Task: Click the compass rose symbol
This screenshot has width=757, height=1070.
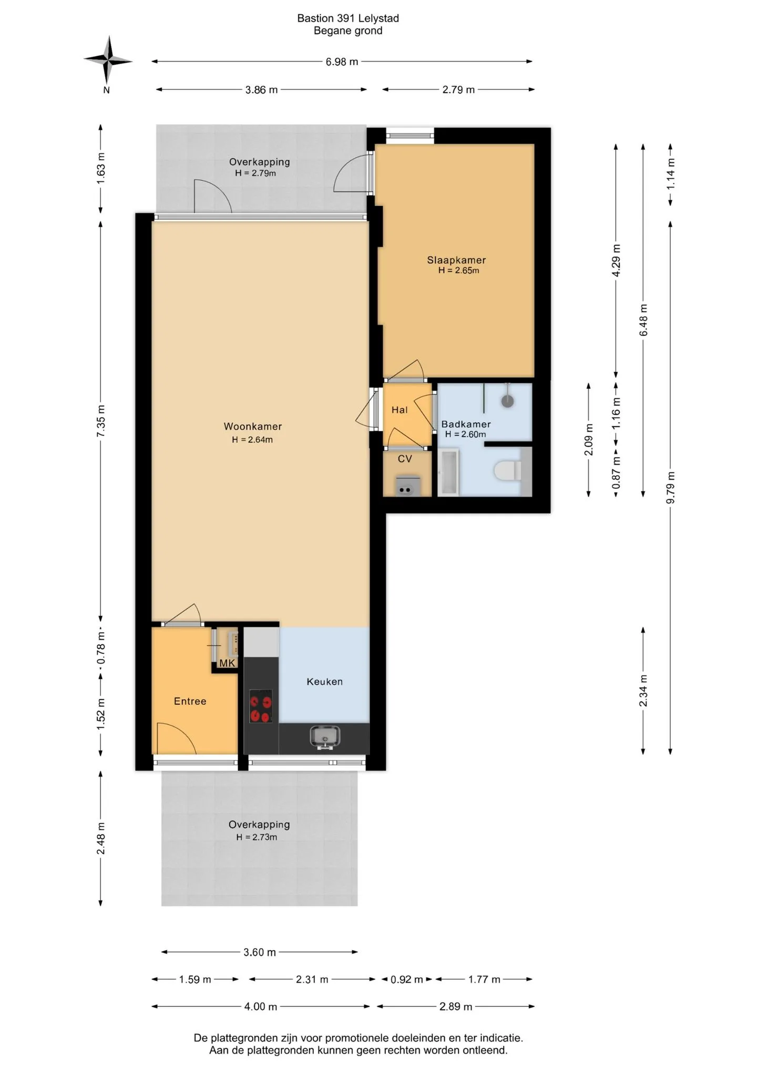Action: [108, 61]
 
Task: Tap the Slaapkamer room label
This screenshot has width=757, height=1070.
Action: [456, 260]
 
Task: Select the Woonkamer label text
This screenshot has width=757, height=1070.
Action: [253, 427]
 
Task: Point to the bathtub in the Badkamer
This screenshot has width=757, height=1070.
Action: [448, 472]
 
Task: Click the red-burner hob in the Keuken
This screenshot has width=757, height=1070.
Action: [261, 706]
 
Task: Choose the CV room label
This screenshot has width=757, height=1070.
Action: [405, 459]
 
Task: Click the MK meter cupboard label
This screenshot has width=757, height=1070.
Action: [227, 663]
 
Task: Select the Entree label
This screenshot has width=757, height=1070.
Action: [190, 701]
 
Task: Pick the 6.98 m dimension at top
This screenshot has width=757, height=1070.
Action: [342, 62]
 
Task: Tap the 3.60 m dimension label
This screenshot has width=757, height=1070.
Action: [260, 952]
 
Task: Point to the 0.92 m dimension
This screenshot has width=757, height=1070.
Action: [407, 980]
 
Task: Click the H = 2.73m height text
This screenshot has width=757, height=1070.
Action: [257, 837]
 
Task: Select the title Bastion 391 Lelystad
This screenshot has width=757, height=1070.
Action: [348, 18]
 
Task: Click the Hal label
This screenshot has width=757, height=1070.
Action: [400, 410]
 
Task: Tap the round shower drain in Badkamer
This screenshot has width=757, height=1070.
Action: [507, 402]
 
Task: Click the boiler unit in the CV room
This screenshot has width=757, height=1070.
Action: [407, 486]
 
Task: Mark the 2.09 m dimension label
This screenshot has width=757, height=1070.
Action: [589, 440]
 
